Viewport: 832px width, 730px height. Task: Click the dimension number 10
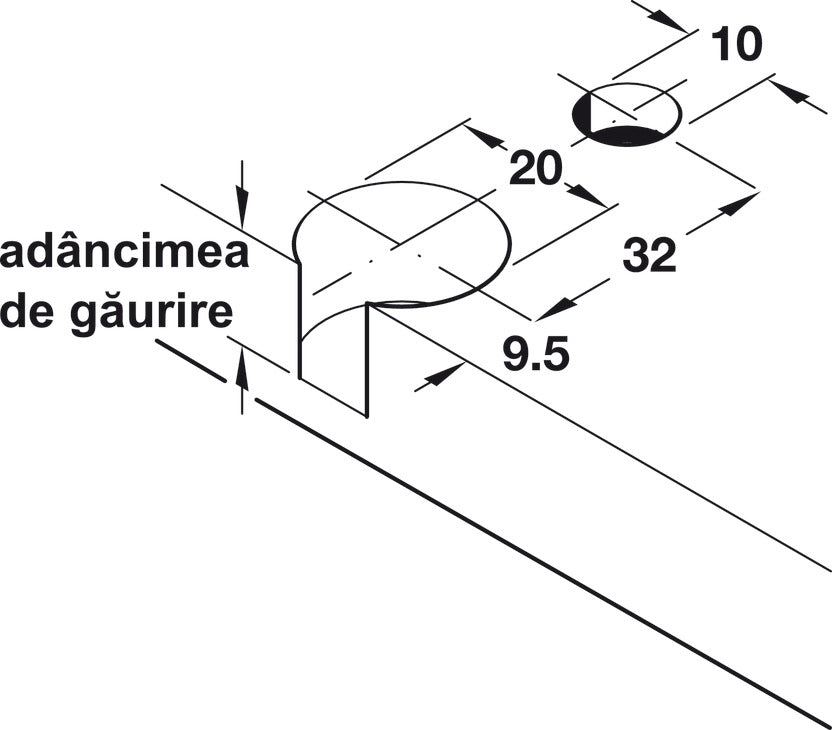[x=736, y=44]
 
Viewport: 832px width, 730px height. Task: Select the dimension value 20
[x=535, y=168]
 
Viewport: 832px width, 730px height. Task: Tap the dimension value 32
[x=649, y=255]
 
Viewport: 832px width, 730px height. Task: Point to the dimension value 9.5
[x=536, y=353]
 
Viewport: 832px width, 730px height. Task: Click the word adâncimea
[x=125, y=253]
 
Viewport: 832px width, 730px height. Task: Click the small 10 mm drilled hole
[x=627, y=114]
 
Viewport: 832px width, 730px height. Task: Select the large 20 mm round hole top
[x=402, y=244]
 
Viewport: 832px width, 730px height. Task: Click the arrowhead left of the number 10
[x=668, y=20]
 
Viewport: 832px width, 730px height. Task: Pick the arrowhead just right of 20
[x=586, y=195]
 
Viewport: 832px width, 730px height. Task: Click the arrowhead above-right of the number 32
[x=739, y=204]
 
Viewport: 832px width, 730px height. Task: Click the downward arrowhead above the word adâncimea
[x=242, y=208]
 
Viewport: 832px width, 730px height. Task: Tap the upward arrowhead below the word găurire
[x=242, y=365]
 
